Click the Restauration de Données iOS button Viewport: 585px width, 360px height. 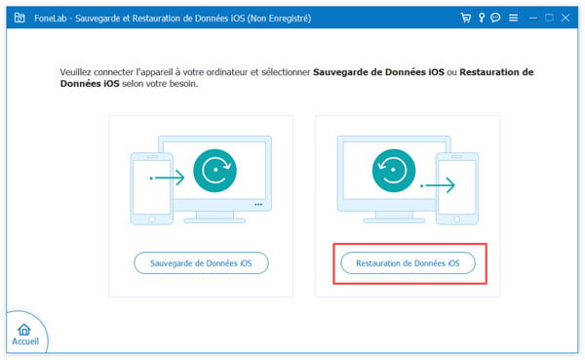click(x=408, y=262)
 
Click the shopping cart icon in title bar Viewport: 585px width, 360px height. click(x=464, y=18)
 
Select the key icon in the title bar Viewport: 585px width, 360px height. click(x=481, y=18)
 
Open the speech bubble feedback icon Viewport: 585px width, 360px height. click(x=496, y=18)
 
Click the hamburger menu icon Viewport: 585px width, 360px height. click(x=514, y=18)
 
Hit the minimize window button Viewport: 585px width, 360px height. click(x=532, y=18)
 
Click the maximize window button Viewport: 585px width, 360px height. click(x=550, y=18)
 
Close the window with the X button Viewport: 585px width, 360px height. click(x=567, y=18)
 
